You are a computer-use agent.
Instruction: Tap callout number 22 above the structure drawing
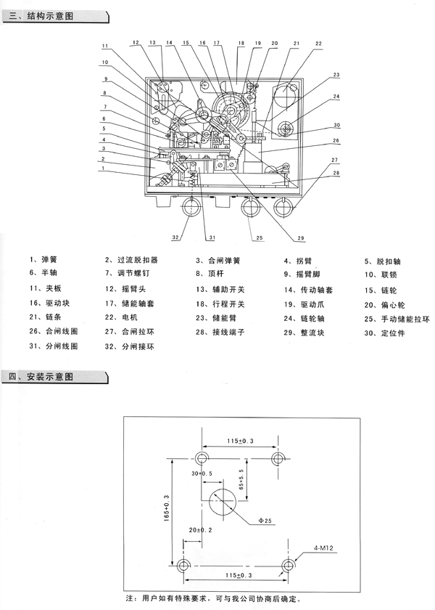click(x=318, y=44)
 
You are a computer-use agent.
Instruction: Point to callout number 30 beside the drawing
click(x=336, y=124)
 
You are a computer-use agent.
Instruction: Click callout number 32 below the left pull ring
click(x=175, y=238)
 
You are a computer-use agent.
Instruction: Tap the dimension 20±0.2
click(x=201, y=531)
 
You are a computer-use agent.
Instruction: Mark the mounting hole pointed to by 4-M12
click(x=289, y=565)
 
